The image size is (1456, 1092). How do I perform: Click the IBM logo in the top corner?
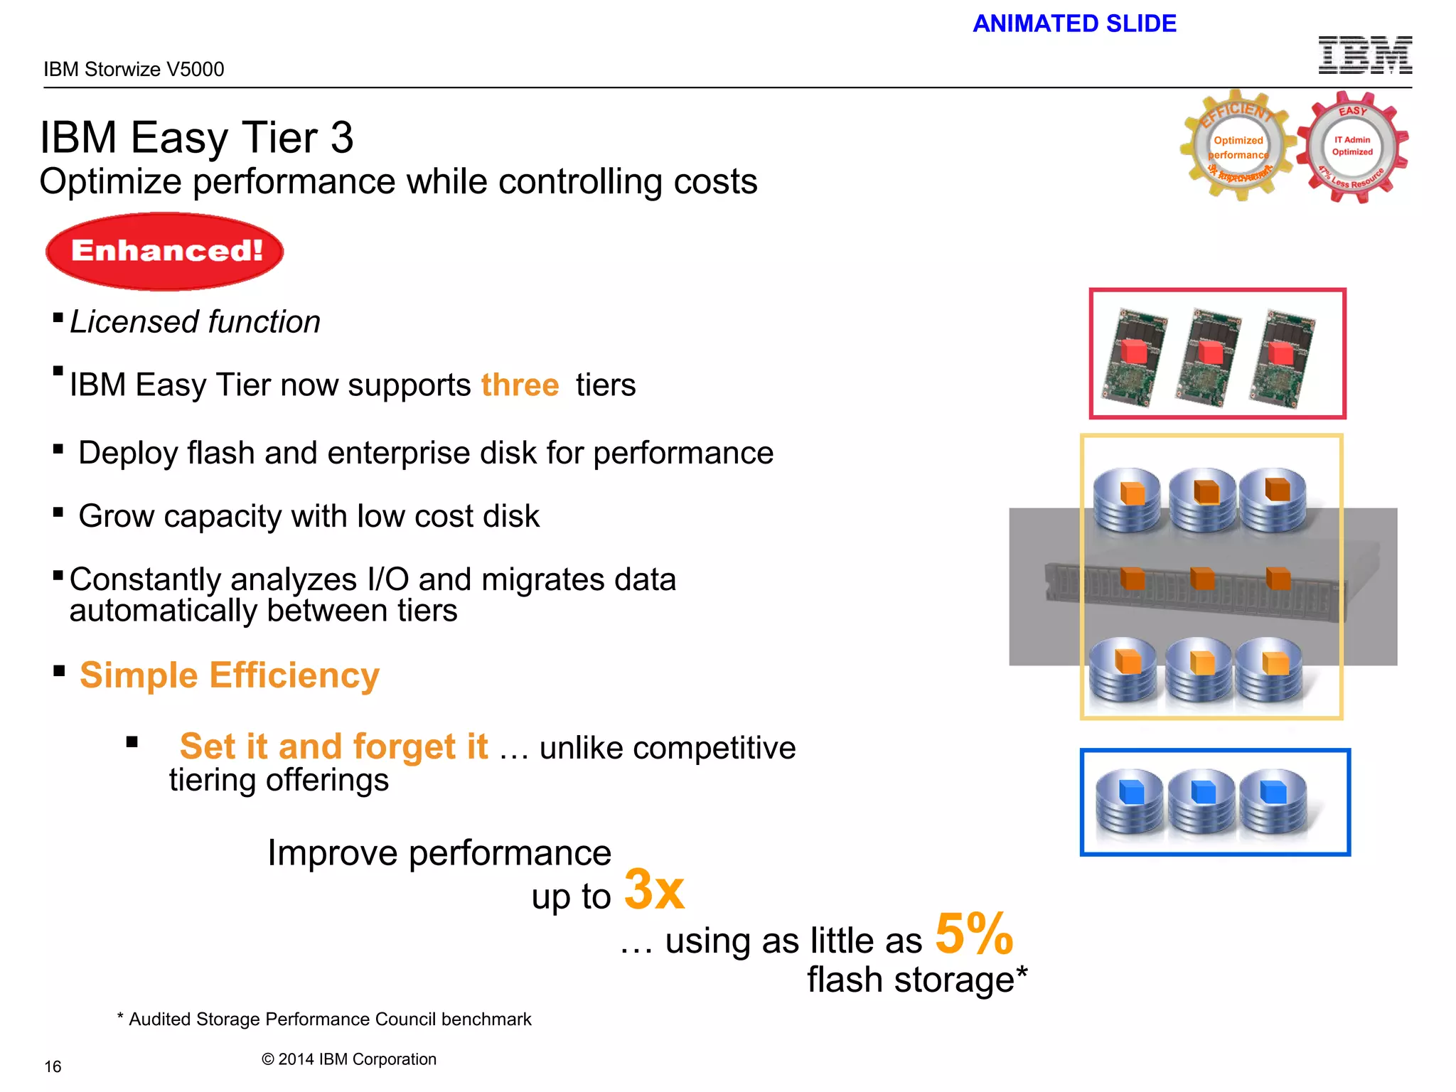1365,55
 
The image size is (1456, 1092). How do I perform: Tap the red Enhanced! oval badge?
165,251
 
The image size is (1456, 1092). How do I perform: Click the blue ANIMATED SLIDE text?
1074,23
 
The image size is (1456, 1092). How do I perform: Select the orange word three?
520,385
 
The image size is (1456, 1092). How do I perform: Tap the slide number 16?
53,1066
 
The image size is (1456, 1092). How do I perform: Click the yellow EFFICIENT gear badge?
1238,146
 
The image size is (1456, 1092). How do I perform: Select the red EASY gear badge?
1352,147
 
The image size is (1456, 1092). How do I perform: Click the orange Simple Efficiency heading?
229,675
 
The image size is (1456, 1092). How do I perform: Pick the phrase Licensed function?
195,322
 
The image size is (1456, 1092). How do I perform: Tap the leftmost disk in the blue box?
1129,802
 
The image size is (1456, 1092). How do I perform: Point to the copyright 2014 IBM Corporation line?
348,1059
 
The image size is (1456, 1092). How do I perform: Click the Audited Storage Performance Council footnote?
324,1019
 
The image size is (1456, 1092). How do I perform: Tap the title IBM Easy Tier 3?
196,137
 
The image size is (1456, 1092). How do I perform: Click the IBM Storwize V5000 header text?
134,69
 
